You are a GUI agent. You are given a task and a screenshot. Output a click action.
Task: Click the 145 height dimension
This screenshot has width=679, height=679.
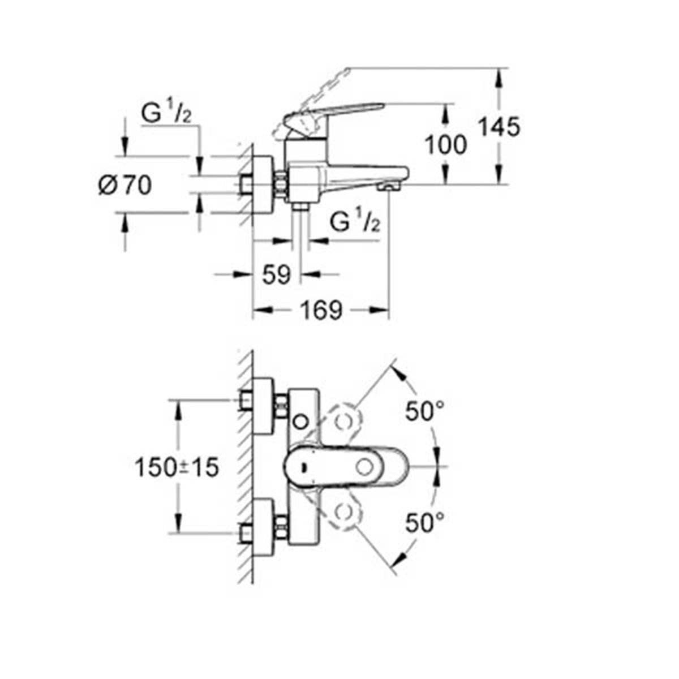[x=500, y=127]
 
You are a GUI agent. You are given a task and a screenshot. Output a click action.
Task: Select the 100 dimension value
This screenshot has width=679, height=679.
[x=446, y=145]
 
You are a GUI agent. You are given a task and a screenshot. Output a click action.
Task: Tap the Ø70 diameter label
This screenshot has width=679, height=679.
[x=125, y=186]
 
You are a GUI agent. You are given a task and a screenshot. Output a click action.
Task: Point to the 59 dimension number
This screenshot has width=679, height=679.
[x=277, y=275]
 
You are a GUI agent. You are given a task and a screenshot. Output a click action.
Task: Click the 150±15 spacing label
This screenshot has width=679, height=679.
[x=177, y=468]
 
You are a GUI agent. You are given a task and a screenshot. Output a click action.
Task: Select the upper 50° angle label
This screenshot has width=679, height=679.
[x=424, y=411]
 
